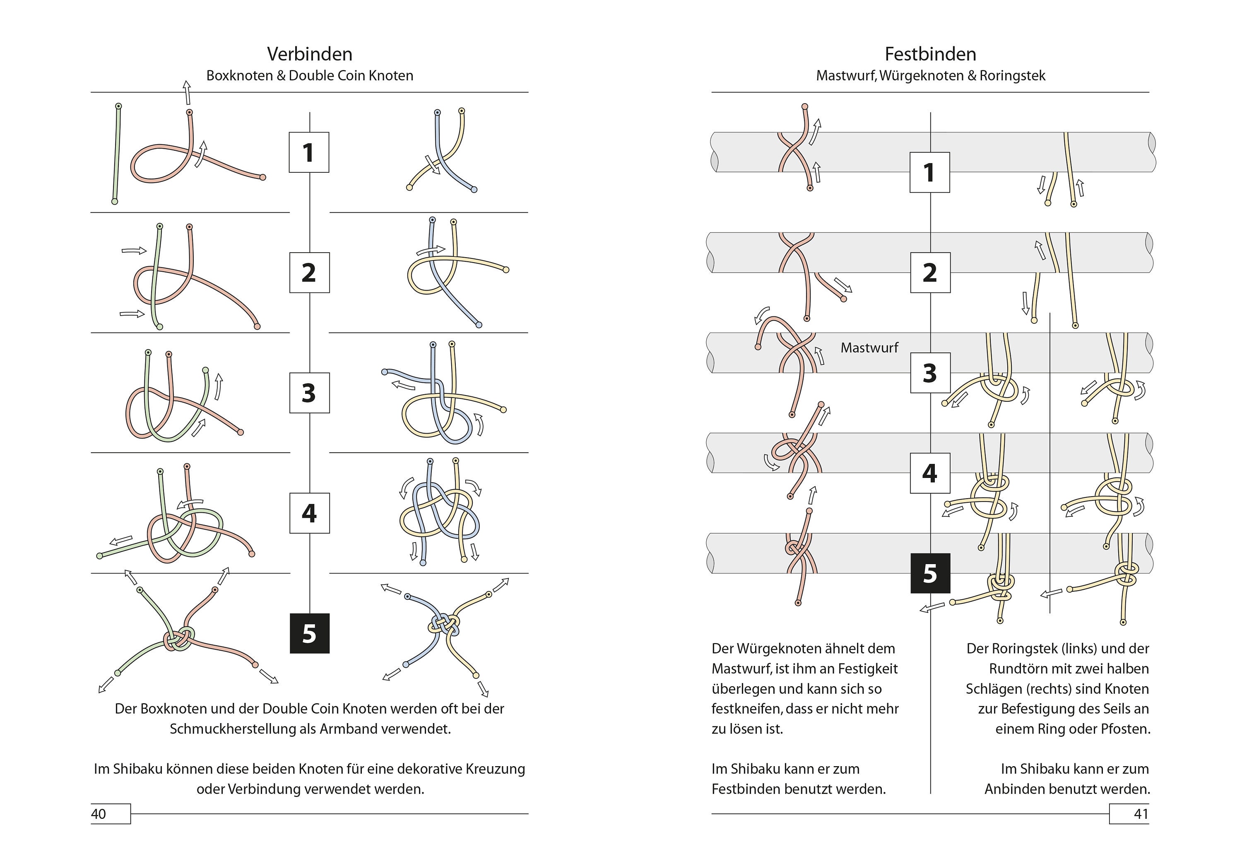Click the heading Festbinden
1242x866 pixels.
930,54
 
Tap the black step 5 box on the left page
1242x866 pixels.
309,633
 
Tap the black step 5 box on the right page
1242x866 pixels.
930,573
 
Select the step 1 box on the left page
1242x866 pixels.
309,152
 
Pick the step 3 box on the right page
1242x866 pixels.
930,373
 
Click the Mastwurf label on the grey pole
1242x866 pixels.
869,347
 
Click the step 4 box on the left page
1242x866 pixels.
309,513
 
